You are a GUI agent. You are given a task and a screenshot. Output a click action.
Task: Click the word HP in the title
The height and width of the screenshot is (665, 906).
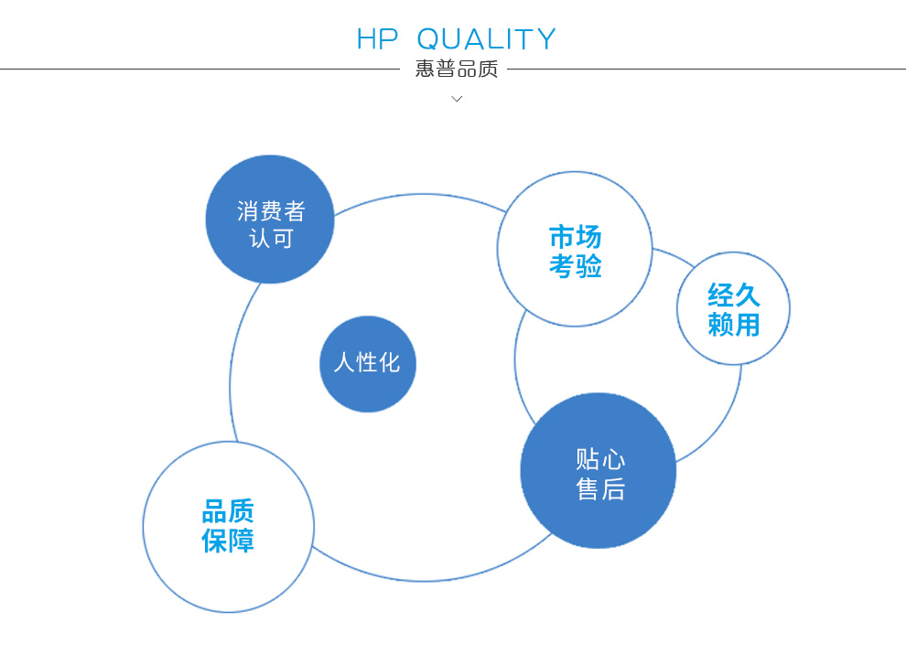click(377, 39)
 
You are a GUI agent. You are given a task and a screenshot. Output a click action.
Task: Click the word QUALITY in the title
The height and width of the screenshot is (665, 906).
click(486, 39)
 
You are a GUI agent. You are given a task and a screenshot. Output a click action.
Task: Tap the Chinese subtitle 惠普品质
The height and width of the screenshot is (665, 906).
click(457, 69)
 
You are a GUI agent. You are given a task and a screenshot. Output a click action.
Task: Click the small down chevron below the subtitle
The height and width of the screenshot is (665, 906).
click(457, 99)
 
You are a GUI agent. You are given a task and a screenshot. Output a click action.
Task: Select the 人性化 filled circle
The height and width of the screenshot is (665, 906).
click(368, 364)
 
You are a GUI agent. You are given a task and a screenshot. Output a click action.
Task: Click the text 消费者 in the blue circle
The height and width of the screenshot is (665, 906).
click(271, 211)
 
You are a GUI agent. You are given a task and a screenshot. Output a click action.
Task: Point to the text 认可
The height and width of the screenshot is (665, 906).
click(271, 238)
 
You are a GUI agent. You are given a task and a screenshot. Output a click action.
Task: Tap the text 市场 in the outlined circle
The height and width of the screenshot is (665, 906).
click(575, 237)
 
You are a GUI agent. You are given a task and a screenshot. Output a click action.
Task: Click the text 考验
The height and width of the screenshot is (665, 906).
click(575, 266)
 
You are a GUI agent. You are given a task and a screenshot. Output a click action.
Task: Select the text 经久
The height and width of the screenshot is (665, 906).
click(734, 295)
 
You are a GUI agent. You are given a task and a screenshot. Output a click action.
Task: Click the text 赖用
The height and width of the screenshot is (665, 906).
click(734, 325)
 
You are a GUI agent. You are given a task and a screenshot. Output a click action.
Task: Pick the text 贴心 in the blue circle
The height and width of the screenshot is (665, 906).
click(600, 460)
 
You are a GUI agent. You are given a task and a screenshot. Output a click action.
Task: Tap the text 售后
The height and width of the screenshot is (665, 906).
click(600, 488)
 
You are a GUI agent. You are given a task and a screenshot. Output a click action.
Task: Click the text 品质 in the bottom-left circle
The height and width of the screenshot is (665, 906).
click(228, 511)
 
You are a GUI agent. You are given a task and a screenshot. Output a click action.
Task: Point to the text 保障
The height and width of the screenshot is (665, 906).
click(228, 541)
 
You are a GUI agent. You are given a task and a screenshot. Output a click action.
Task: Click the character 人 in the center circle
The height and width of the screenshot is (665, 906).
click(344, 363)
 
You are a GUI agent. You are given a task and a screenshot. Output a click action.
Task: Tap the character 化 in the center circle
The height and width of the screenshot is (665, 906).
click(390, 363)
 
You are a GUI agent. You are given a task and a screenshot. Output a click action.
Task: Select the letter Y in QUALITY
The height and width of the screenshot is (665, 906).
click(545, 39)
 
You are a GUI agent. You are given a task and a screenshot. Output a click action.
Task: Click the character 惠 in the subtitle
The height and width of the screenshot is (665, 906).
click(425, 69)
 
